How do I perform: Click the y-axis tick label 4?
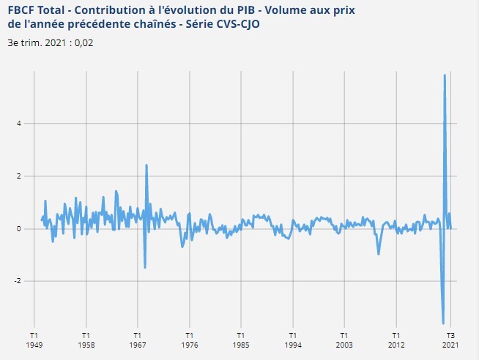tap(18, 124)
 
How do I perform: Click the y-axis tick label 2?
tap(18, 176)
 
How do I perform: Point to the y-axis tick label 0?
tap(18, 229)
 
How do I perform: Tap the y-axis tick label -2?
tap(17, 282)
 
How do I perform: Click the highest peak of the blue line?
tap(445, 75)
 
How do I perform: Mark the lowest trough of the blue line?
tap(443, 323)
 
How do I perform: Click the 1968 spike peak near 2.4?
tap(146, 165)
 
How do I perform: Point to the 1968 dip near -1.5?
tap(145, 267)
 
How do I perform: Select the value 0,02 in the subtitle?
tap(84, 42)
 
